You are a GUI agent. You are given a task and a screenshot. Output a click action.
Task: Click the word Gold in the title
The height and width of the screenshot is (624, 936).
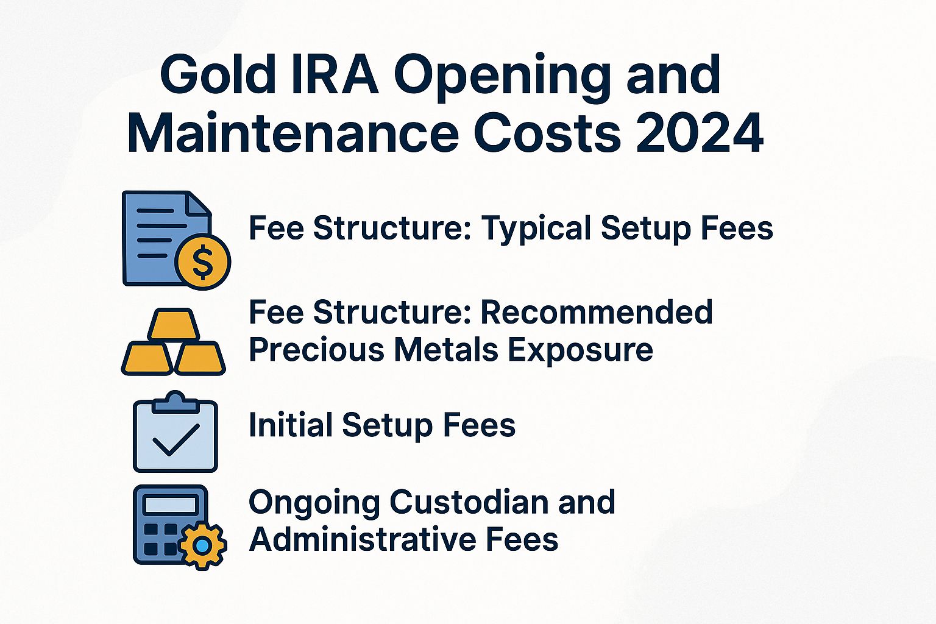(x=218, y=76)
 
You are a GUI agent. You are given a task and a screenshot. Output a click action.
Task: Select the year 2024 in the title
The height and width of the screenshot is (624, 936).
(x=700, y=133)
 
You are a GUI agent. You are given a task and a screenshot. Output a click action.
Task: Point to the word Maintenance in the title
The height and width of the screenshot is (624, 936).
(x=292, y=133)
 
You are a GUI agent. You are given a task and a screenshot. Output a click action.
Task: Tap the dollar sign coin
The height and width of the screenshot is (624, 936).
(x=202, y=262)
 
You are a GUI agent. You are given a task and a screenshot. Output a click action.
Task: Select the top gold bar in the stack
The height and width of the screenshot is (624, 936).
(x=174, y=325)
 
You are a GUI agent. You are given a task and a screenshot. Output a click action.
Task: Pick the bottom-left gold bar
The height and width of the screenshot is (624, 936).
(x=147, y=358)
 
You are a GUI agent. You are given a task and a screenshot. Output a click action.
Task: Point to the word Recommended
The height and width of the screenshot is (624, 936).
(x=597, y=312)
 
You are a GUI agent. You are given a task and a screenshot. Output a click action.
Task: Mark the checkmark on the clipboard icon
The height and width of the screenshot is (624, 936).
(x=175, y=440)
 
